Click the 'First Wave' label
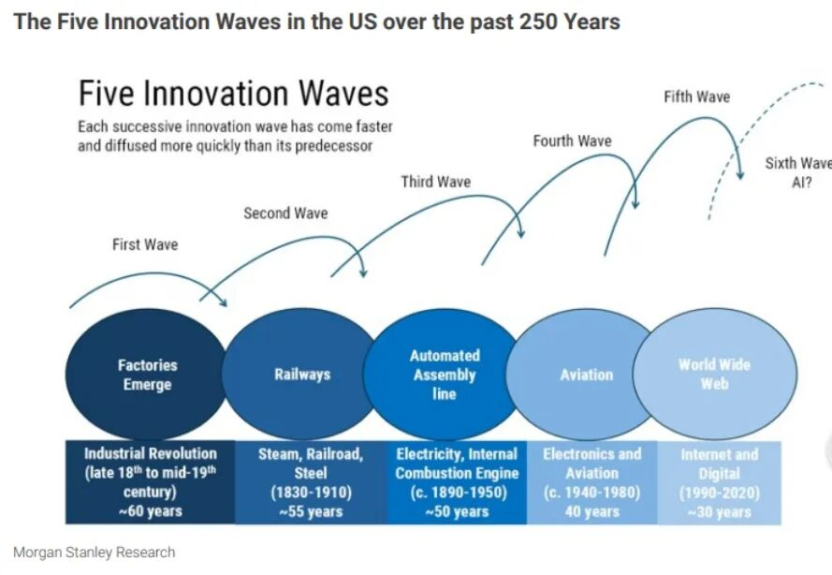click(145, 244)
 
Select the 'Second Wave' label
click(285, 214)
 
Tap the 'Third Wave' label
click(436, 182)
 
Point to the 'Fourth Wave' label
click(572, 141)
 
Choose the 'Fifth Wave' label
click(696, 96)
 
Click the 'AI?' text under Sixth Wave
click(802, 183)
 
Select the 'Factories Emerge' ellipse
click(148, 375)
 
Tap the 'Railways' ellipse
click(301, 375)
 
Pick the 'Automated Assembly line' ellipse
click(445, 375)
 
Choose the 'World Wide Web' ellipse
click(715, 374)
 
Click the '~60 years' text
click(150, 511)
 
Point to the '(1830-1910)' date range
click(311, 493)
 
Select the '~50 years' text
click(457, 511)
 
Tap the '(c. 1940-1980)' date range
click(591, 493)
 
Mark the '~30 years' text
click(719, 511)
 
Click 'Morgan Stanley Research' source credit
click(94, 552)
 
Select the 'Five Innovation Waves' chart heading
click(233, 94)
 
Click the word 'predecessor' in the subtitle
click(332, 146)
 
